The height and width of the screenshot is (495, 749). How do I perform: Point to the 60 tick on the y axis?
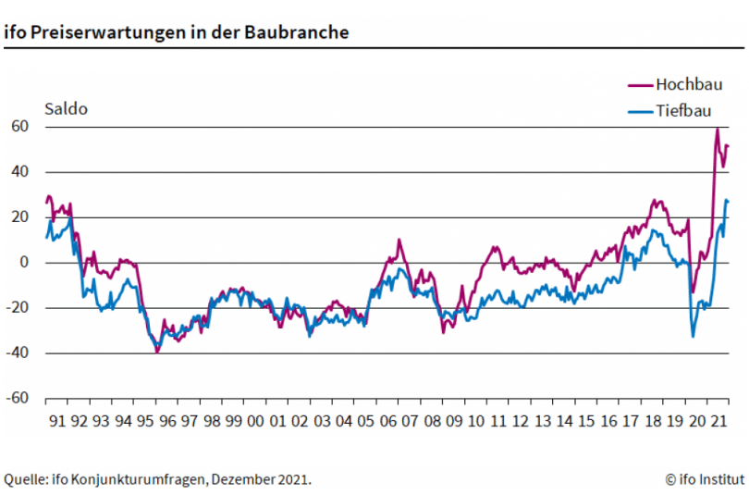(22, 127)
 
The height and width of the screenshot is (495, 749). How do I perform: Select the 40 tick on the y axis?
(22, 172)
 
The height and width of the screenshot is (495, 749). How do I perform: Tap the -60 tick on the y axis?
(19, 399)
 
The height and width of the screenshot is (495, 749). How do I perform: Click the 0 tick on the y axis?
(27, 263)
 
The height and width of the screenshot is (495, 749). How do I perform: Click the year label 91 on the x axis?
(56, 422)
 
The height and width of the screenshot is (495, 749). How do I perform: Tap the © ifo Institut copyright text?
(704, 478)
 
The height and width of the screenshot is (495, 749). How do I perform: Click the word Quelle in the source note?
(26, 478)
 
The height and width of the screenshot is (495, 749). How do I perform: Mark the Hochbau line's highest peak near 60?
(717, 129)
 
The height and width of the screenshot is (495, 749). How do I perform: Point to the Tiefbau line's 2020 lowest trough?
(694, 336)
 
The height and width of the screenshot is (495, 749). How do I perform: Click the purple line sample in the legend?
(640, 84)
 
